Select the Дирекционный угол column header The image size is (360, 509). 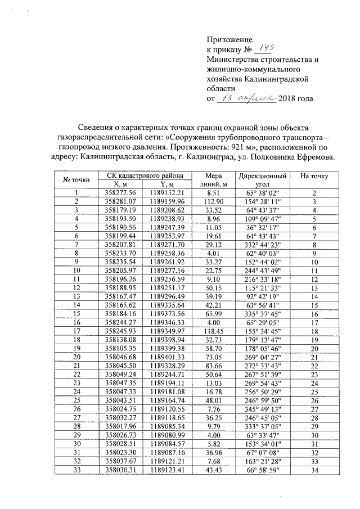pyautogui.click(x=262, y=179)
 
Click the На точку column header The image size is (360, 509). pyautogui.click(x=314, y=176)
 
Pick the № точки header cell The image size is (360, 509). pyautogui.click(x=76, y=179)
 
